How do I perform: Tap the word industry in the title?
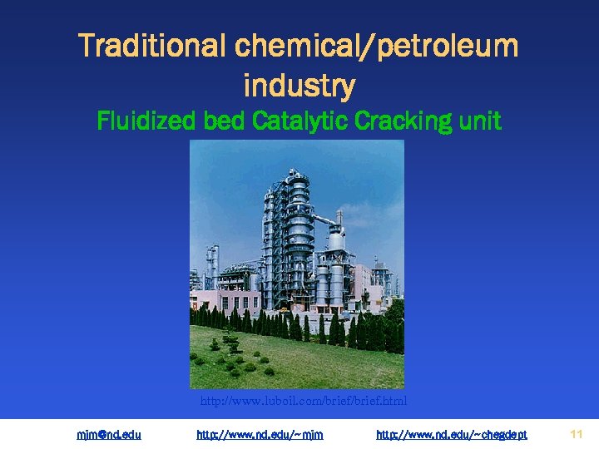click(299, 85)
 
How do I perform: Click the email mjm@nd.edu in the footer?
click(109, 434)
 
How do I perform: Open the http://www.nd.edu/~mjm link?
click(260, 434)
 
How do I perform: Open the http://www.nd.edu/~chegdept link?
click(452, 434)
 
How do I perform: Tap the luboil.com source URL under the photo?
click(304, 402)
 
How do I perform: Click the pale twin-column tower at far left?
click(213, 266)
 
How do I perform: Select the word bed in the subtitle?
click(222, 121)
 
